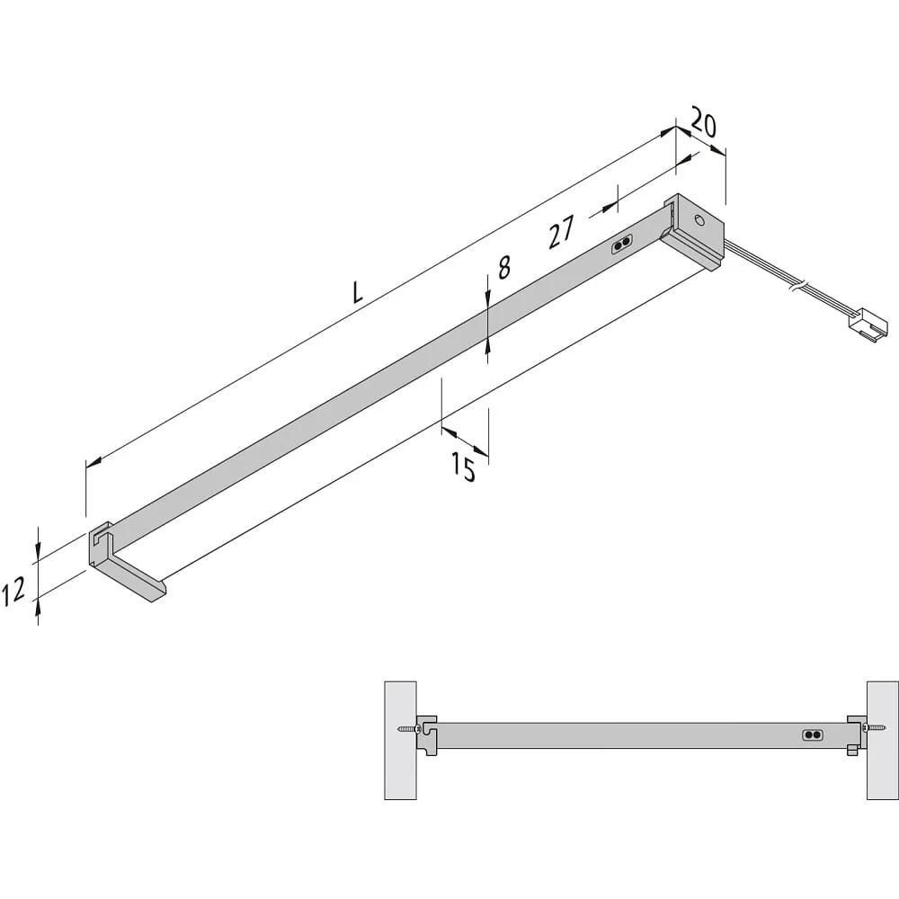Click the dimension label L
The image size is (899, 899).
click(x=358, y=292)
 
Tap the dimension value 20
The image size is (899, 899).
click(x=703, y=122)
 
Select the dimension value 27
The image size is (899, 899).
click(x=561, y=232)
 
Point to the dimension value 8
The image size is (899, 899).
click(x=504, y=267)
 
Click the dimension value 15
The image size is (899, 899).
click(x=463, y=466)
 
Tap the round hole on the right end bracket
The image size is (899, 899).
click(x=699, y=219)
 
